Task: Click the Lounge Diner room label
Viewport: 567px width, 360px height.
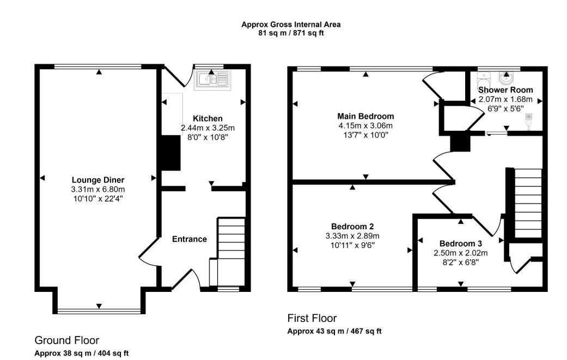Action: coord(98,180)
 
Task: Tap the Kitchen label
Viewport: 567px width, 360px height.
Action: coord(208,119)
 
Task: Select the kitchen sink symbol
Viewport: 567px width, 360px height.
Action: coord(212,80)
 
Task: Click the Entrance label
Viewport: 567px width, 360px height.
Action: coord(190,239)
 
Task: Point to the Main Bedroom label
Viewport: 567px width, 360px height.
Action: coord(365,117)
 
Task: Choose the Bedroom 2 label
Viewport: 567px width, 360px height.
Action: coord(352,227)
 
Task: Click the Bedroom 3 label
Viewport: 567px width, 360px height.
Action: coord(461,243)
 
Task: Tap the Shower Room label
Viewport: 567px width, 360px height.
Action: coord(505,90)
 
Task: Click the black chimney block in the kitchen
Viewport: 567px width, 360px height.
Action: coord(170,153)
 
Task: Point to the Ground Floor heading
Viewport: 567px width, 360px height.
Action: coord(67,340)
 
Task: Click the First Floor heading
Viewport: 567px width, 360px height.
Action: coord(312,319)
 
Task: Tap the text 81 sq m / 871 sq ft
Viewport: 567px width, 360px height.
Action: coord(291,33)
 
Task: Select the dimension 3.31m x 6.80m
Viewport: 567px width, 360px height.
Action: coord(98,190)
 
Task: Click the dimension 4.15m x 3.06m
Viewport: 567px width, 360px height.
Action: coord(365,126)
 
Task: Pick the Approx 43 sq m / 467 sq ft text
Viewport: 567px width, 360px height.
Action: coord(334,331)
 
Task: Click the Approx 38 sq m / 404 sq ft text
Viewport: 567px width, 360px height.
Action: coord(82,353)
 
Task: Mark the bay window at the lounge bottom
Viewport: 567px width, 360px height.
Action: coord(99,310)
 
